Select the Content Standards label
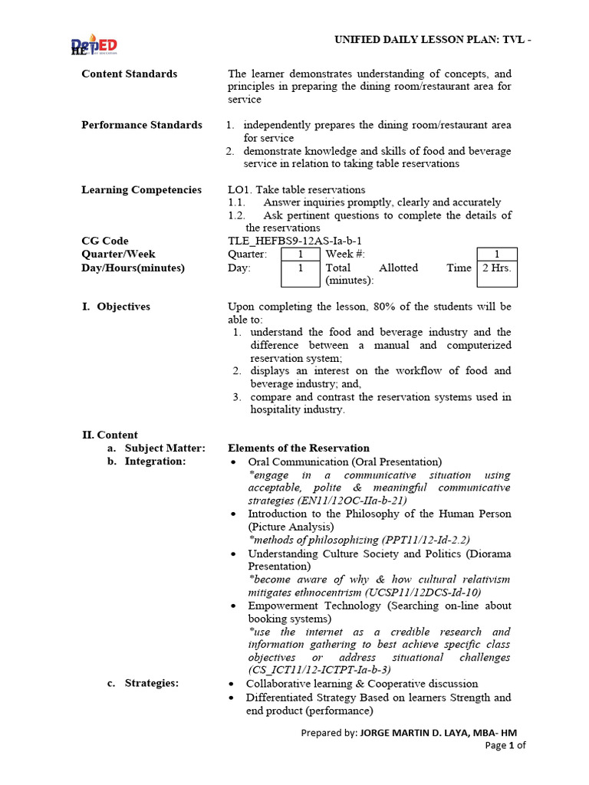[x=129, y=74]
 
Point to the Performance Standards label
[x=142, y=125]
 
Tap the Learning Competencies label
[x=141, y=190]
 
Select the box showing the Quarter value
[x=300, y=255]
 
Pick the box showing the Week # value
[x=496, y=255]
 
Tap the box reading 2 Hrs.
[x=496, y=268]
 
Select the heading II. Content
[x=110, y=435]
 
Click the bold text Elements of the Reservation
[x=298, y=448]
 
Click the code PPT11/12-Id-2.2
[x=426, y=540]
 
